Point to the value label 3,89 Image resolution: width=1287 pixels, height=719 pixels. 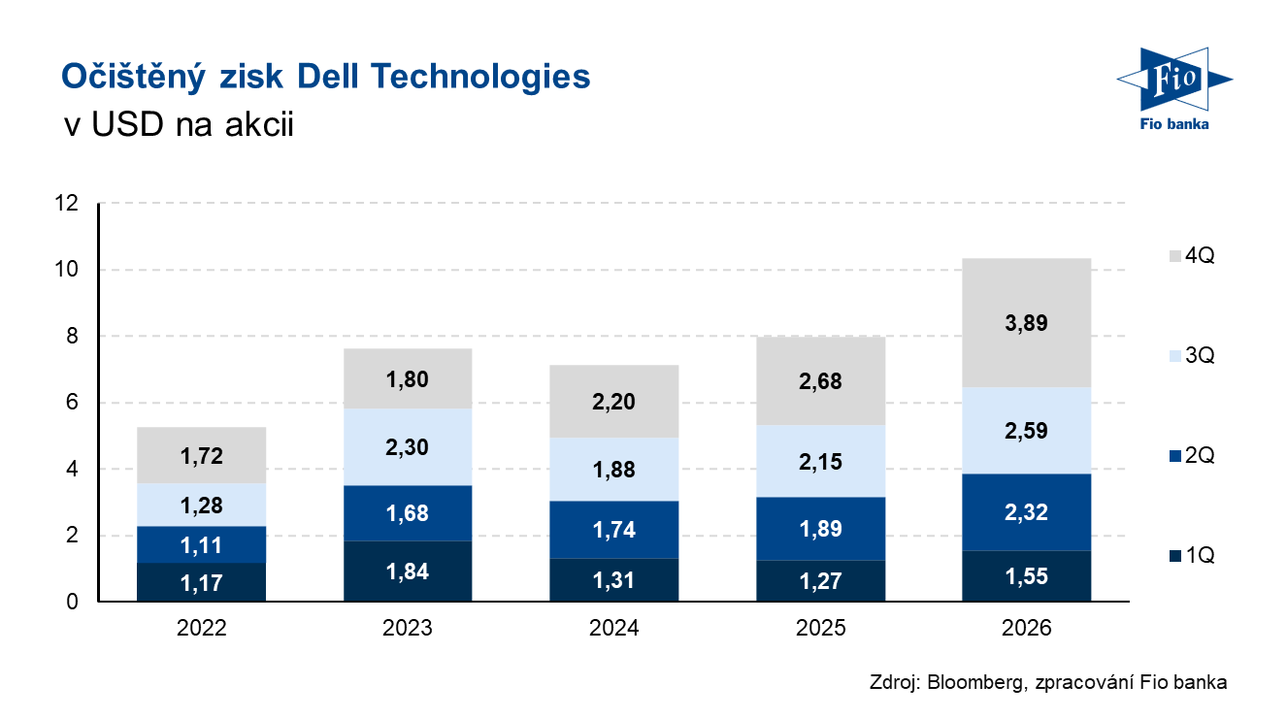click(1027, 322)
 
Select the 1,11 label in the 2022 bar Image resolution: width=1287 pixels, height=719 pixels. click(202, 545)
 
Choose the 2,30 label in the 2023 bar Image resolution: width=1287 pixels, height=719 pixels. click(408, 447)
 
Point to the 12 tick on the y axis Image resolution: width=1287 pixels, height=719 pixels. click(67, 204)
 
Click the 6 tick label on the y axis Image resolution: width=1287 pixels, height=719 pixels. click(73, 403)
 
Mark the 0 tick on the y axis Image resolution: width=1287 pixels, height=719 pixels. click(73, 603)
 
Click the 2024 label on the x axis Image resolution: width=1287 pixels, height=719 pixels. click(613, 629)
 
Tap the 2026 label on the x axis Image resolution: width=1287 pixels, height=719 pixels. click(1027, 629)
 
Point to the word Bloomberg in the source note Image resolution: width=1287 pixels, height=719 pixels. click(973, 682)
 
